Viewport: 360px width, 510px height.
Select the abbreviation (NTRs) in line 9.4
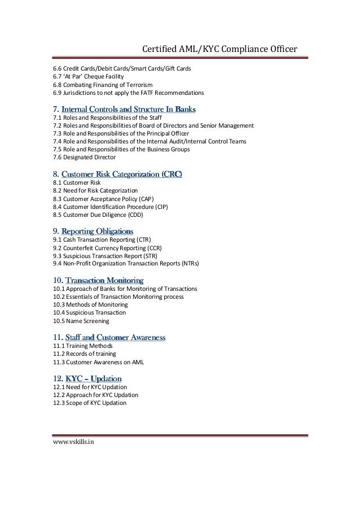pos(189,264)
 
